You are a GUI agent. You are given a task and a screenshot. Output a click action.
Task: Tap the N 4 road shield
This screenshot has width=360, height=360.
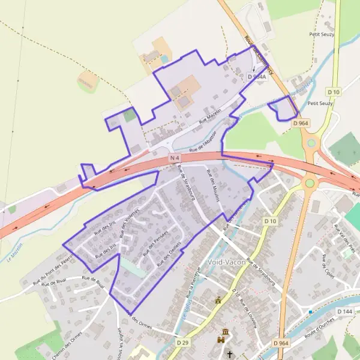[175, 157]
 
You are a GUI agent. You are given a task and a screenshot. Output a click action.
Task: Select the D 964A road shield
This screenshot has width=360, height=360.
[257, 77]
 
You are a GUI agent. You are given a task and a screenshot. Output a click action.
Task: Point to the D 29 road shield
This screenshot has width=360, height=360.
[183, 342]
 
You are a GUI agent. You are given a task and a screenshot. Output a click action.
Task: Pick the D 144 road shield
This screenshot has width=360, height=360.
[344, 311]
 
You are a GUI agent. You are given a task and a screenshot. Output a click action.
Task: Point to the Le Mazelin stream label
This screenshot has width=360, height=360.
[14, 252]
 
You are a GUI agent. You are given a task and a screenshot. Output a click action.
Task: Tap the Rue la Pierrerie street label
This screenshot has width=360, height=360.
[193, 280]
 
